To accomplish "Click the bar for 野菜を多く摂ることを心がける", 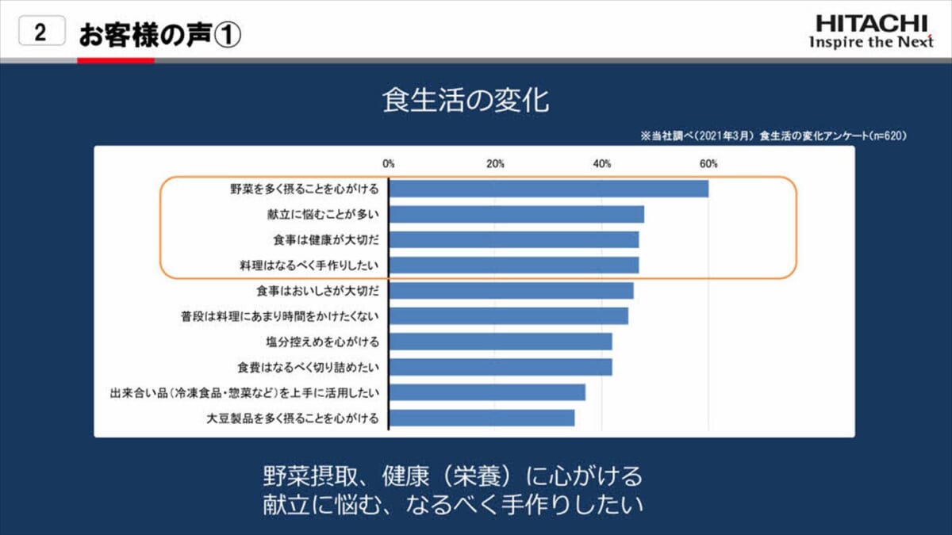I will [548, 189].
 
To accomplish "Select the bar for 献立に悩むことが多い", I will [516, 214].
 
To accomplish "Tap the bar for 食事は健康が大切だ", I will [513, 239].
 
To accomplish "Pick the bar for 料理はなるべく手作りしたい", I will [513, 265].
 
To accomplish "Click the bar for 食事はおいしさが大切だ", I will [511, 290].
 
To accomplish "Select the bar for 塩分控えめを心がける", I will [500, 342].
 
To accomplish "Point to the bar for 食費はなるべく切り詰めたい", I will [500, 367].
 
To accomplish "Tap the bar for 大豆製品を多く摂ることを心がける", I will [482, 418].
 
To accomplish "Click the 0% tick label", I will [389, 164].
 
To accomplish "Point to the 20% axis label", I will [495, 164].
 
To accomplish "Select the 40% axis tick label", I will [602, 164].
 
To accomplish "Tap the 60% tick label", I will [708, 164].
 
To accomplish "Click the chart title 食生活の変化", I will [466, 102].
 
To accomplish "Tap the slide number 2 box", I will [40, 33].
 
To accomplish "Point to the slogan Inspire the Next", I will [871, 42].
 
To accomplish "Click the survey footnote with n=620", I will [773, 136].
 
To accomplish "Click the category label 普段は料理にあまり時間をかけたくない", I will [279, 316].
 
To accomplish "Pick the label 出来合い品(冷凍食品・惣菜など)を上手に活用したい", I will [244, 392].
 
